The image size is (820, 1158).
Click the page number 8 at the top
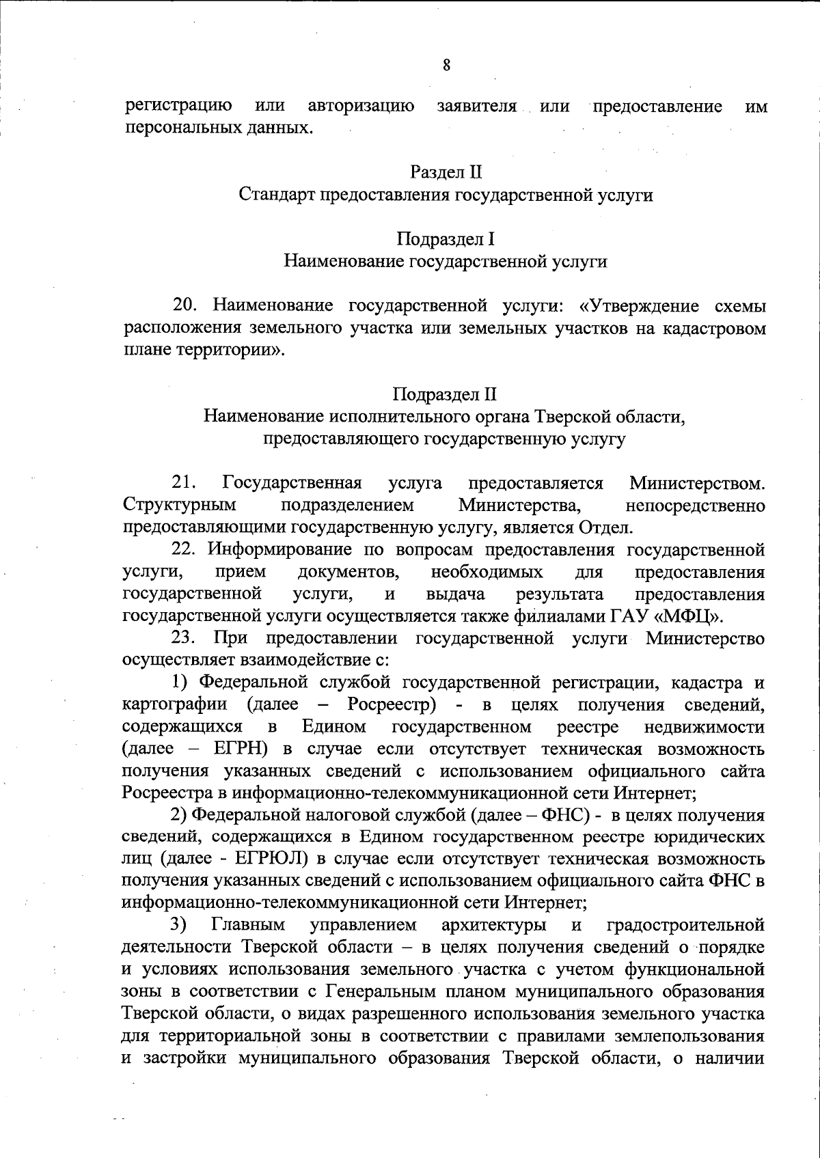click(x=446, y=66)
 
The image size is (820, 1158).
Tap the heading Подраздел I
click(x=446, y=239)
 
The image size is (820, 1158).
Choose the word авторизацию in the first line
click(x=361, y=107)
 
